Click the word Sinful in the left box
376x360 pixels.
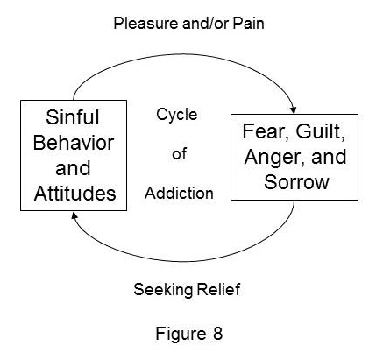click(x=73, y=117)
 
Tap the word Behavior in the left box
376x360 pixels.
click(x=74, y=143)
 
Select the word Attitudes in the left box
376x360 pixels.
click(x=74, y=193)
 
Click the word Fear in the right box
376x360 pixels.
click(x=265, y=131)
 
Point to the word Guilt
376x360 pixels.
click(x=321, y=131)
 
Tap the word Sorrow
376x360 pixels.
click(x=296, y=182)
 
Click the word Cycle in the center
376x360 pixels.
click(x=177, y=115)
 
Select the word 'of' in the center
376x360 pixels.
click(x=179, y=153)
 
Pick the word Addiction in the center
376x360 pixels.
click(x=179, y=193)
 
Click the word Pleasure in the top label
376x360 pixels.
click(x=146, y=23)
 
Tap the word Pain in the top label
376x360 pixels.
click(x=248, y=23)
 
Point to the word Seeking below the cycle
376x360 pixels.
click(x=162, y=290)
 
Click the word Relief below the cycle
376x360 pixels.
click(x=218, y=289)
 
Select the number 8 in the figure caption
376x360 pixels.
click(x=217, y=334)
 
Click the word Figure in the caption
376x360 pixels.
click(x=181, y=334)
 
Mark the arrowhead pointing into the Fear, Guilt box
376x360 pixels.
click(x=293, y=110)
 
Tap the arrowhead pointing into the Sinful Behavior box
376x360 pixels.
click(x=74, y=215)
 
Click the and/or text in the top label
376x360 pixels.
click(x=206, y=23)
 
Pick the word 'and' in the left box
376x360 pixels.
click(x=73, y=168)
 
